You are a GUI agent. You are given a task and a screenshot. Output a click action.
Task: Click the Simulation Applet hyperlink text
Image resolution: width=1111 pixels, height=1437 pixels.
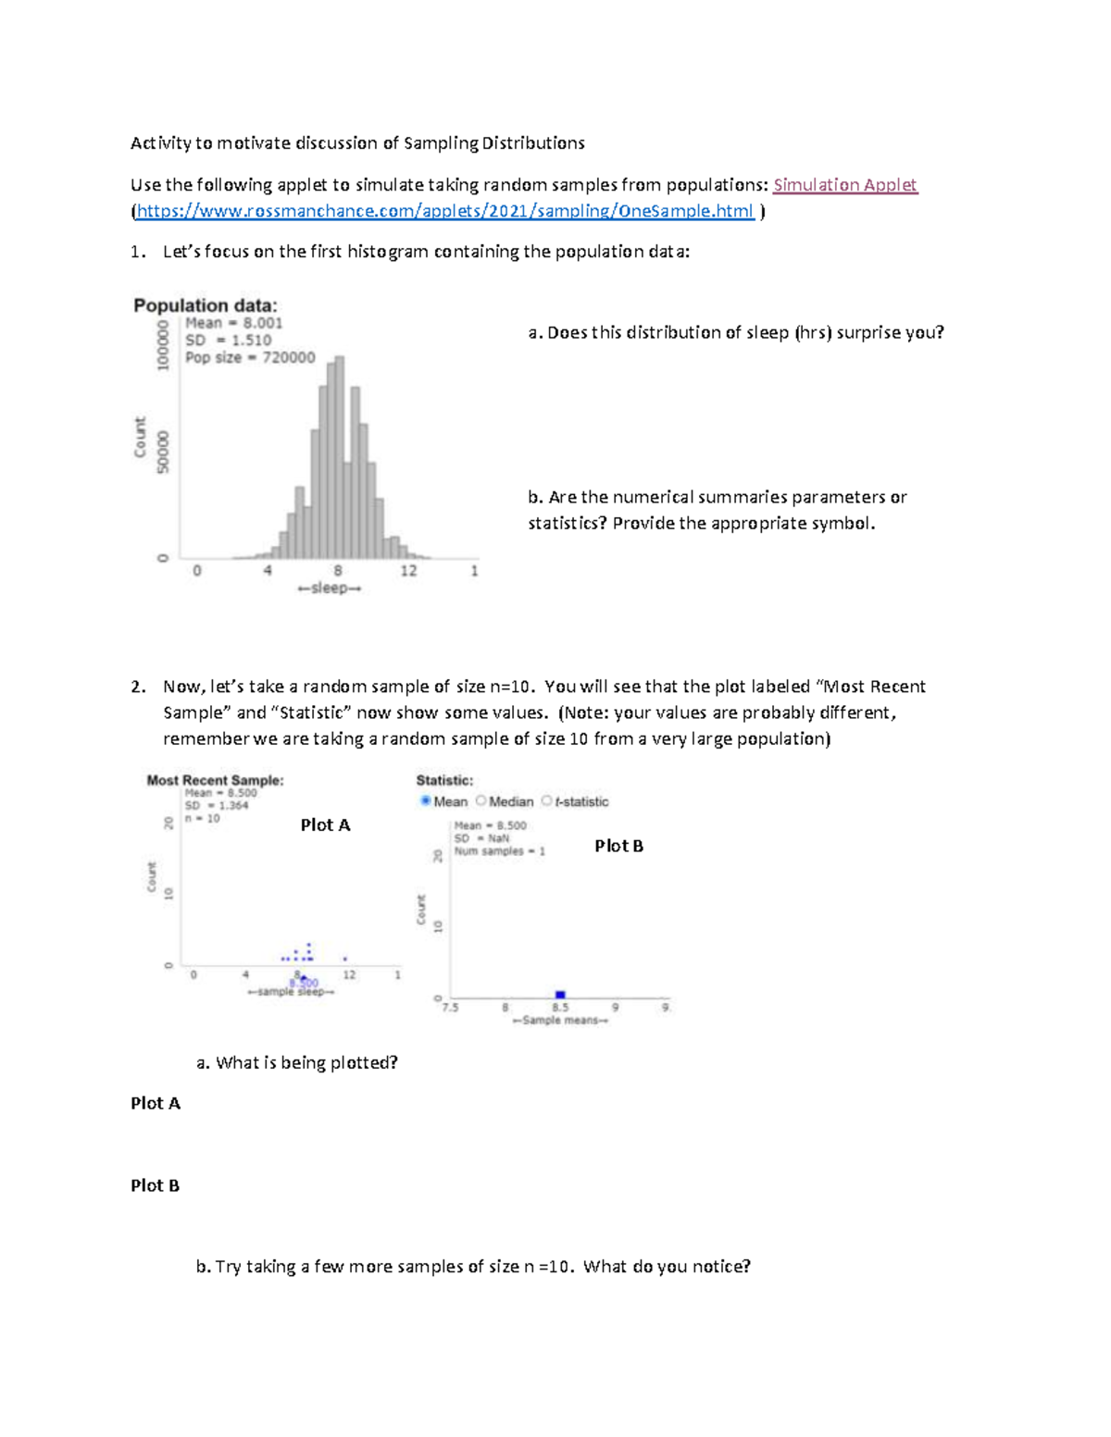844,185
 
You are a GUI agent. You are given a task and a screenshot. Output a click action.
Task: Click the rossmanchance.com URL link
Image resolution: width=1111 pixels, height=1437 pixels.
444,211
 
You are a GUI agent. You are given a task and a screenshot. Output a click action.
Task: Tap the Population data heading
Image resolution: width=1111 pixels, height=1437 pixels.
205,305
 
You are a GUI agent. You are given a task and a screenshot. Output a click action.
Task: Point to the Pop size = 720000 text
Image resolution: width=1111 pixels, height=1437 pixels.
250,357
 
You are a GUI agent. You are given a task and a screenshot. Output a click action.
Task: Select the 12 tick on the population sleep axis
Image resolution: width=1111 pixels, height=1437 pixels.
408,571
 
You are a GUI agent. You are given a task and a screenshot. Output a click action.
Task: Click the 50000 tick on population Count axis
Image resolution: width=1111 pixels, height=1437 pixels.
164,452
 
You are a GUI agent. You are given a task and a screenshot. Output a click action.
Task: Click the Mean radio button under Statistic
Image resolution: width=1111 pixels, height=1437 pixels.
426,800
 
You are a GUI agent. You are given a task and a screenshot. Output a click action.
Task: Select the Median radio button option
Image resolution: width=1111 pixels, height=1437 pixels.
481,800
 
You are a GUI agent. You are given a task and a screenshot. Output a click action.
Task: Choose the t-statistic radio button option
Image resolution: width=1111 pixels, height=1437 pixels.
547,800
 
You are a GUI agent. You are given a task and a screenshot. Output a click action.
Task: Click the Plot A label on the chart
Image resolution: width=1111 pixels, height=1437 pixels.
325,825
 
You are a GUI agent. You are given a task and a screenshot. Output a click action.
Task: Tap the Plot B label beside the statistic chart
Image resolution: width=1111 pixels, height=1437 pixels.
618,846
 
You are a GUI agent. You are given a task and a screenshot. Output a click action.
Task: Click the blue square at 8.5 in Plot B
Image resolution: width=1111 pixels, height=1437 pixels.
560,995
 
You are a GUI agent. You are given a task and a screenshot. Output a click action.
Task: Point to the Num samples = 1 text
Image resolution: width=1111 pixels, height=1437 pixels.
499,851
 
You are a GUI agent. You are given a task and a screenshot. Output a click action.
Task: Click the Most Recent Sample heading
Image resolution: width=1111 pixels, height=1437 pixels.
215,780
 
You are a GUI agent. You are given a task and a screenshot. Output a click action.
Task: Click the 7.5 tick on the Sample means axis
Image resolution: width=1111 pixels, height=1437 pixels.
450,1008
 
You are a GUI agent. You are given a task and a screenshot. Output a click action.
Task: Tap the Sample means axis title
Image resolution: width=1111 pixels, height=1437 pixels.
560,1021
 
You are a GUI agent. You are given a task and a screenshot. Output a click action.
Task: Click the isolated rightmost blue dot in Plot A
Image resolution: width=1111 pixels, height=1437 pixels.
345,959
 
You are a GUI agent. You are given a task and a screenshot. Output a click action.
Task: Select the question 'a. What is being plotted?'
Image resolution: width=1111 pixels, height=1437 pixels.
296,1062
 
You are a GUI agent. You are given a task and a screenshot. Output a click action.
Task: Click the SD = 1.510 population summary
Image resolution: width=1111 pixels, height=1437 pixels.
228,340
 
